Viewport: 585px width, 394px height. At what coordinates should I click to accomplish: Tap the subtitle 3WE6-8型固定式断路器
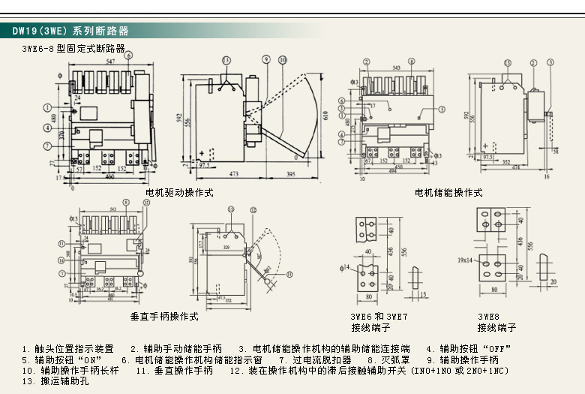(73, 49)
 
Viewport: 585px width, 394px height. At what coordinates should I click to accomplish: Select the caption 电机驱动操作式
(179, 193)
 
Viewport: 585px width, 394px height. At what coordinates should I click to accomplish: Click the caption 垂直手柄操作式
(164, 317)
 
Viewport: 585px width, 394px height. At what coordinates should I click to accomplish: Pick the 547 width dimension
(109, 60)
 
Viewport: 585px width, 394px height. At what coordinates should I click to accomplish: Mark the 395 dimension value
(290, 174)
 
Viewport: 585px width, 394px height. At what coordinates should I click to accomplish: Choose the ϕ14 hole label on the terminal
(346, 266)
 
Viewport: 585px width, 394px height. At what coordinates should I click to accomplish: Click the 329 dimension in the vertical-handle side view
(225, 245)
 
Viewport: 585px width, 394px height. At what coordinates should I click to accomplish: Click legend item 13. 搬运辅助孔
(55, 381)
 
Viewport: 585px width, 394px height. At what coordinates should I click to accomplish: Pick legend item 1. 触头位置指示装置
(68, 349)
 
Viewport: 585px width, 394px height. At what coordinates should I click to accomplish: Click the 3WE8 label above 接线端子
(488, 317)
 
